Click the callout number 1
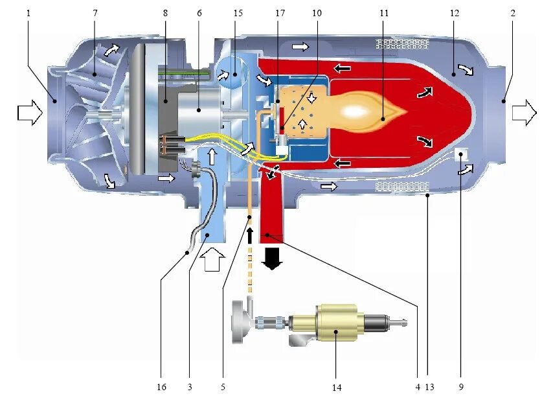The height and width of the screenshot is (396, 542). [28, 12]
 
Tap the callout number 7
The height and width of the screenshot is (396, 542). [95, 12]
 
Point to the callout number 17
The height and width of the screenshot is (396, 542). [279, 12]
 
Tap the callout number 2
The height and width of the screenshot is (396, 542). [512, 12]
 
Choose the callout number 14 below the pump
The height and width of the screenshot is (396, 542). [336, 388]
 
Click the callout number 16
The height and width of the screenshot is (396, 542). [161, 387]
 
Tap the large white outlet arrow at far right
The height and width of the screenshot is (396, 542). [524, 113]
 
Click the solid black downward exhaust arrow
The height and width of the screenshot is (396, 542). [273, 257]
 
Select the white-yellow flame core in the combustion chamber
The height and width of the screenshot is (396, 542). [356, 111]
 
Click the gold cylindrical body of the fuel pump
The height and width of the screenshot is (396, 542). [336, 322]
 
